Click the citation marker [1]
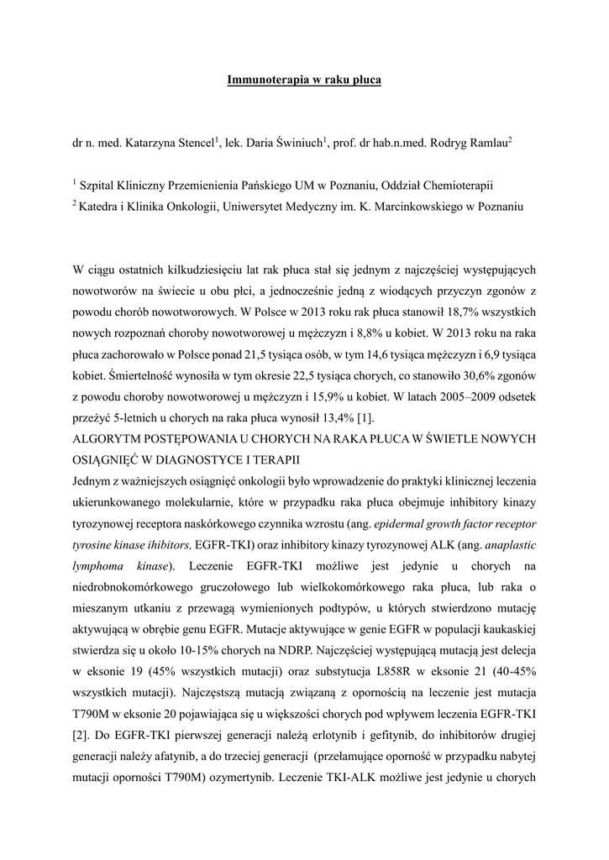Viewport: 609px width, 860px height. (365, 418)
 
